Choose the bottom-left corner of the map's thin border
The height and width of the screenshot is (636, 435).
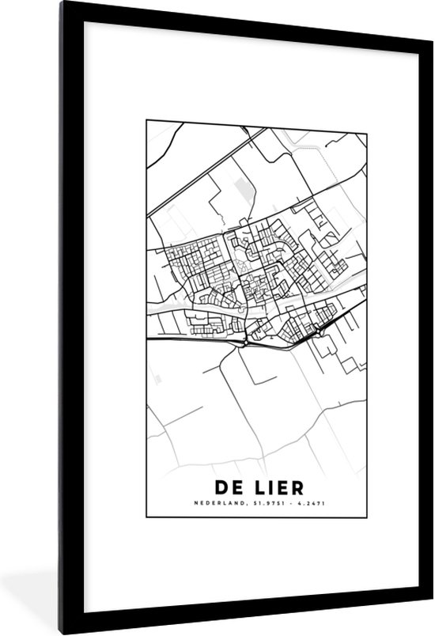(146, 516)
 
